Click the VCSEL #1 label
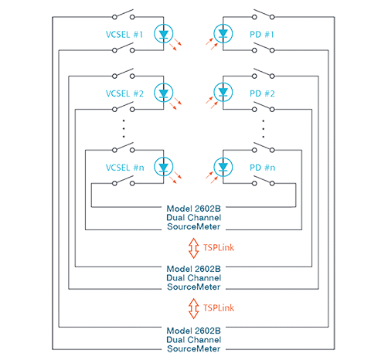(x=124, y=35)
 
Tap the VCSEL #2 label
(x=124, y=93)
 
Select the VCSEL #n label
(x=125, y=168)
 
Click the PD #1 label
(x=262, y=35)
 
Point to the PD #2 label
(x=262, y=93)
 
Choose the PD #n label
(x=263, y=168)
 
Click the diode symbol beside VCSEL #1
(x=164, y=33)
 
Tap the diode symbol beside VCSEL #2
(x=164, y=93)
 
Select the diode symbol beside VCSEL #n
(x=164, y=167)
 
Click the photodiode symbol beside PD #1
(x=223, y=33)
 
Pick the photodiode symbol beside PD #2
(x=223, y=93)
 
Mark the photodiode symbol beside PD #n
(x=223, y=167)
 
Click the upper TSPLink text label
(x=219, y=248)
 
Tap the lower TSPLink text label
(x=219, y=308)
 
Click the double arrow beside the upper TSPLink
(x=193, y=248)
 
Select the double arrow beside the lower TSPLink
(x=193, y=308)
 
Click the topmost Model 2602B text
(x=193, y=209)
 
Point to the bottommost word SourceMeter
(x=193, y=348)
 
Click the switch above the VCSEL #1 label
(x=124, y=15)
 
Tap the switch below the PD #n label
(x=264, y=181)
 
